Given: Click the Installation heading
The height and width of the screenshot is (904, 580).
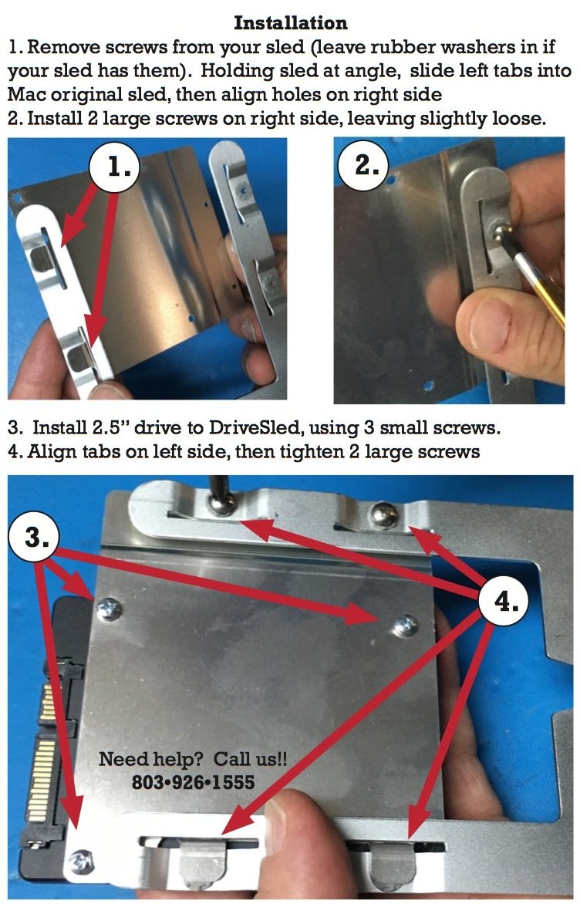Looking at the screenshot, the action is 290,23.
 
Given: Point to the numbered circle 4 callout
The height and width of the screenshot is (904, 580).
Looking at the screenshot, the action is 504,601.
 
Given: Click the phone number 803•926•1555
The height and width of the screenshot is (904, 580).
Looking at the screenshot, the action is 193,782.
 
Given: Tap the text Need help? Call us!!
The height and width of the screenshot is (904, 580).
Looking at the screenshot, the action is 193,759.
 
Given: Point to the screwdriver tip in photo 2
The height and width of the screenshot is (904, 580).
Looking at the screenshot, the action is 500,231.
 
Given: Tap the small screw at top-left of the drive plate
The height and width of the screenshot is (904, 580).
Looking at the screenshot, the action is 109,609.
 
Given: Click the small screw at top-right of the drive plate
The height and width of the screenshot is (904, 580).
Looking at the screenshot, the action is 406,624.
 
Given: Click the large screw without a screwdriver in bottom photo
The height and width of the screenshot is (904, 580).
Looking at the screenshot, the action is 383,514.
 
